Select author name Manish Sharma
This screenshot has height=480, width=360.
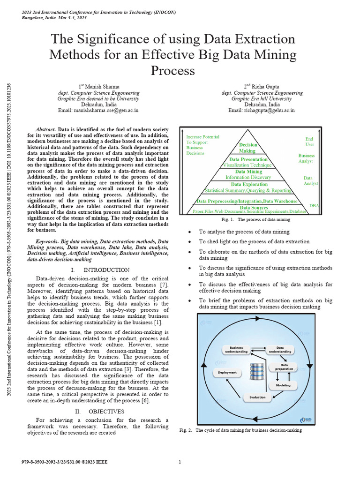(x=100, y=87)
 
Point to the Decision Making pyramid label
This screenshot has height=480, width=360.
(x=248, y=148)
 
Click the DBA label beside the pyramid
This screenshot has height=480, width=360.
(x=314, y=206)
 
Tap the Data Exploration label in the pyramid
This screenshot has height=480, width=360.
(x=248, y=184)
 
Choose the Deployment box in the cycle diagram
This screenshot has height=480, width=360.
(x=228, y=373)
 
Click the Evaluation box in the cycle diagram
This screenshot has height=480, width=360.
(x=257, y=397)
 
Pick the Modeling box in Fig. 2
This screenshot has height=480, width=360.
(x=283, y=385)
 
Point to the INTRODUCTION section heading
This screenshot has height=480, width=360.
(x=106, y=270)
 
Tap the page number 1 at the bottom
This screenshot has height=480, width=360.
(x=180, y=462)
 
